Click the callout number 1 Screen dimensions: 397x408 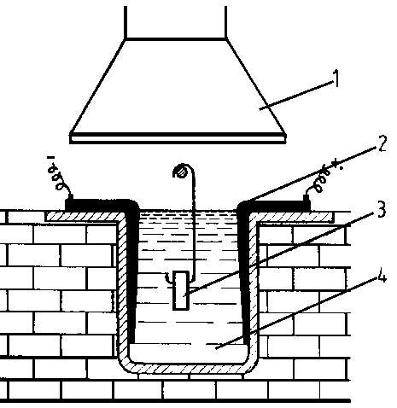(x=336, y=79)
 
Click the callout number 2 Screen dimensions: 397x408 (x=382, y=143)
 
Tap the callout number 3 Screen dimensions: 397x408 (x=381, y=209)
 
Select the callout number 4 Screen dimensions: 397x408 (x=381, y=274)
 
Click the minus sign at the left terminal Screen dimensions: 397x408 (x=51, y=157)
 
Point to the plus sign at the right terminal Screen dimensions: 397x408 (x=336, y=164)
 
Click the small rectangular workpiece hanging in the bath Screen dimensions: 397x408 (x=181, y=290)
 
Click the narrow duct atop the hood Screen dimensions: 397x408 (x=176, y=22)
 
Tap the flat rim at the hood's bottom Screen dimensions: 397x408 (x=178, y=138)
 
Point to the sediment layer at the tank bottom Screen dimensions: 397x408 (x=189, y=353)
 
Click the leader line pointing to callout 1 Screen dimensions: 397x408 (x=296, y=95)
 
